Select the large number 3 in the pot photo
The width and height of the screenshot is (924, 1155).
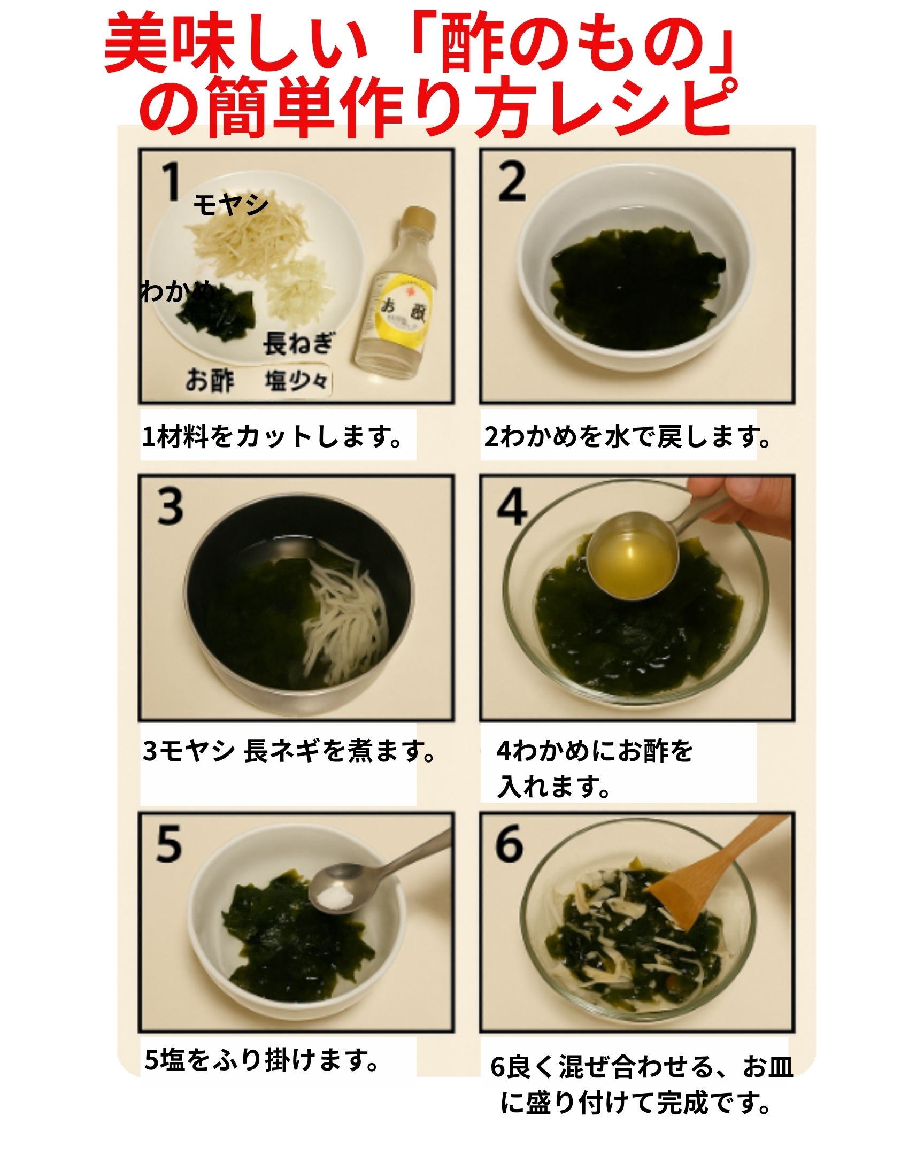[171, 506]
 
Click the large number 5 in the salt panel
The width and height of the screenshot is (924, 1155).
[169, 844]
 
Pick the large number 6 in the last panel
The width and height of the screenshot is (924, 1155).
[510, 844]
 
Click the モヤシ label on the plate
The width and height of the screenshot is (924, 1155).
[230, 205]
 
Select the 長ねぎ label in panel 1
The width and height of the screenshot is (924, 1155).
[298, 343]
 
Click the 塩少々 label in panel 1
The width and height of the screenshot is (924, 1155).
[296, 381]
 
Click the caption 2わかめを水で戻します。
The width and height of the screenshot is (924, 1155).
[627, 437]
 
